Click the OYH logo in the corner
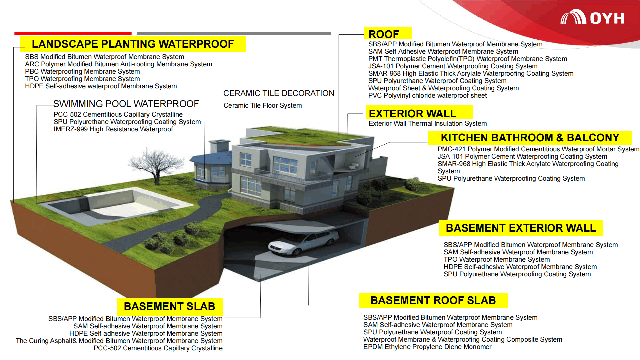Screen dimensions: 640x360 pos(592,17)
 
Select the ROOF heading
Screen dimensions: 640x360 pos(383,34)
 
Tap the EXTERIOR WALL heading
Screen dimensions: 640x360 pos(412,114)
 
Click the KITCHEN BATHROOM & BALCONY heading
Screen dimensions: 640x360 pos(530,138)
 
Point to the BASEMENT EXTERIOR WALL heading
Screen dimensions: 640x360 pos(521,228)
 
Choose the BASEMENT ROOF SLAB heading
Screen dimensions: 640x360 pos(433,300)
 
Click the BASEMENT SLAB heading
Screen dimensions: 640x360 pos(169,306)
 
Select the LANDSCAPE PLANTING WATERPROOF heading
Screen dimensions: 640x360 pos(133,44)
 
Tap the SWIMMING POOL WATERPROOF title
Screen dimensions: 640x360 pos(126,104)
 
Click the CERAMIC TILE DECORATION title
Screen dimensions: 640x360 pos(279,93)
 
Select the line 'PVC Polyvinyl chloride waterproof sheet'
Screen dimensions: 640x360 pos(427,96)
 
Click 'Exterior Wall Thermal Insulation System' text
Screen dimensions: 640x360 pos(428,124)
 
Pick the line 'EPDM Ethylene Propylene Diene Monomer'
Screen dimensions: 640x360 pos(427,347)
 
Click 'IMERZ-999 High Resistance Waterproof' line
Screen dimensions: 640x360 pos(113,129)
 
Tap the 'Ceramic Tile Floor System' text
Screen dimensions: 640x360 pos(263,106)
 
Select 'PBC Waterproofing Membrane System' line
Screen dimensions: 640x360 pos(82,72)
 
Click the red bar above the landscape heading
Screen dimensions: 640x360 pos(73,33)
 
